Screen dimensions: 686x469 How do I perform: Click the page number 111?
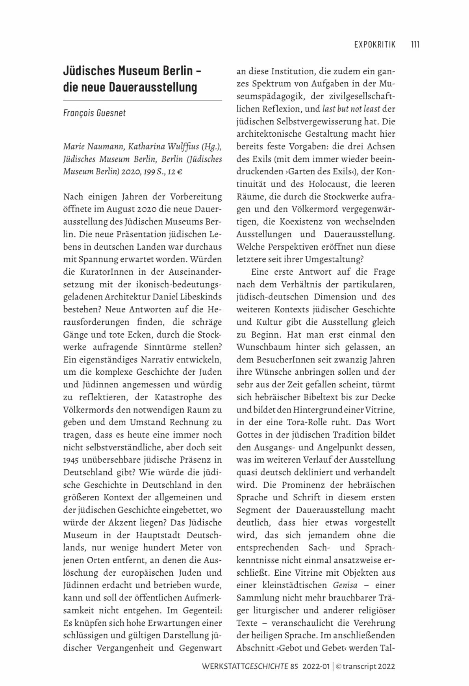pyautogui.click(x=415, y=44)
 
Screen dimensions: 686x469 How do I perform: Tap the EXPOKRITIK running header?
pyautogui.click(x=374, y=44)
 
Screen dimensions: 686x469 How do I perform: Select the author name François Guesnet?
pyautogui.click(x=95, y=113)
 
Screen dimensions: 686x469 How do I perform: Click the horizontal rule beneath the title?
pyautogui.click(x=143, y=100)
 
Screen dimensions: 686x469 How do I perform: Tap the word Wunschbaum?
pyautogui.click(x=258, y=347)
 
